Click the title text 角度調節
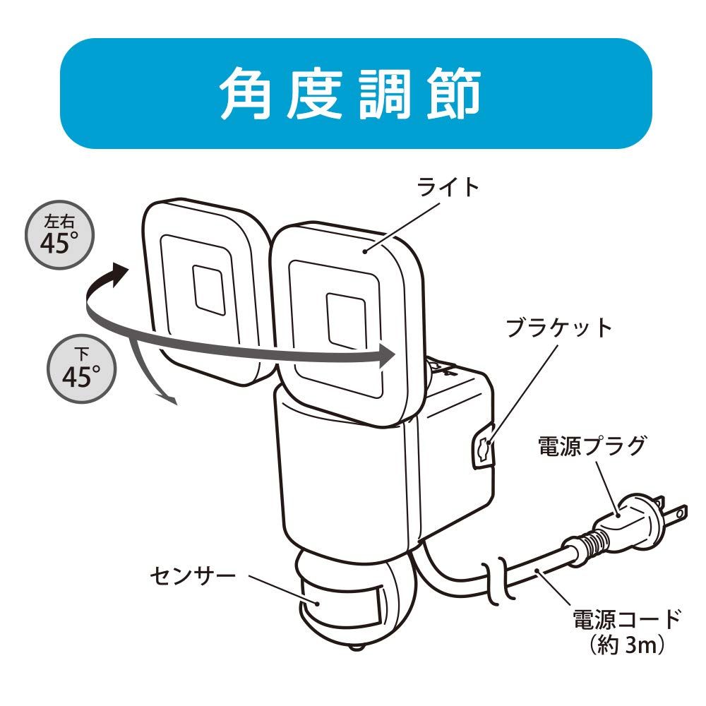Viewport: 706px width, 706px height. point(353,94)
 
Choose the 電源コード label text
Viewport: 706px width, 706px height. point(626,620)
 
